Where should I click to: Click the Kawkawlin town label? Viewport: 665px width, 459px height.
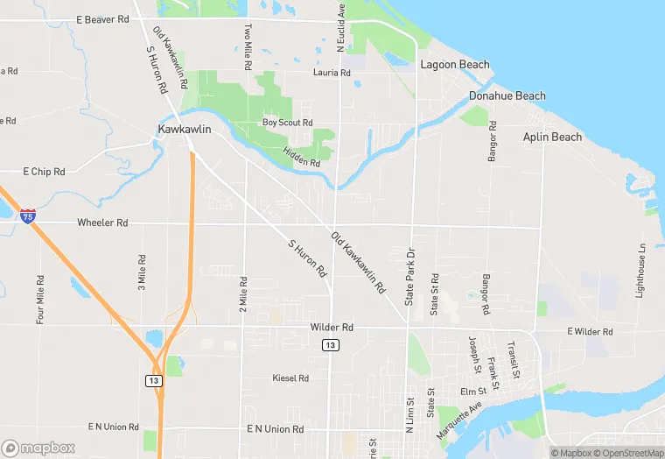[185, 130]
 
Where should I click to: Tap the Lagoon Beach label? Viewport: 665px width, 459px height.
[455, 65]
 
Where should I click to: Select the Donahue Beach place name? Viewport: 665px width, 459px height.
[507, 95]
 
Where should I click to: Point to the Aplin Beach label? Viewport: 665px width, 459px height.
[552, 137]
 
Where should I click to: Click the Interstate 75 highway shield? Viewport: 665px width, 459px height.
[29, 215]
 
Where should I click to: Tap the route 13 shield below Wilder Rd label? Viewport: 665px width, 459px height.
[330, 345]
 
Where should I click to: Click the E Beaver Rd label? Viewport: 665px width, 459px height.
[102, 19]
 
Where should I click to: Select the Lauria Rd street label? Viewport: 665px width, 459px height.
[332, 73]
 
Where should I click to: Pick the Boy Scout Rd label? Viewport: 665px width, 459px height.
[287, 123]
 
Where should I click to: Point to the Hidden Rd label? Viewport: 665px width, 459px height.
[301, 158]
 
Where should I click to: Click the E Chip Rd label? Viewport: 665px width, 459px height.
[44, 172]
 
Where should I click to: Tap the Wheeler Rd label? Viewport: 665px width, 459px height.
[102, 223]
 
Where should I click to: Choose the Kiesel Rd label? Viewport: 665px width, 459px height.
[290, 378]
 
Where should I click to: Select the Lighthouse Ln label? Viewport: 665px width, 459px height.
[641, 270]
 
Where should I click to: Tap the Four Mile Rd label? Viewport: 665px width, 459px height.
[40, 300]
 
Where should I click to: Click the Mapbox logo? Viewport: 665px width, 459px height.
[38, 447]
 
